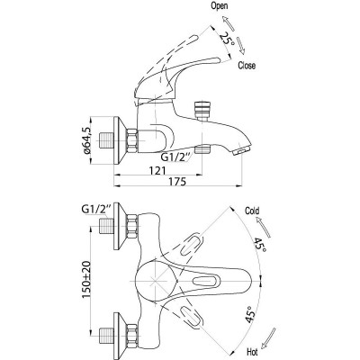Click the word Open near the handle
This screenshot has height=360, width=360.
220,5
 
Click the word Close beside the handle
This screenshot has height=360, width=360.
247,66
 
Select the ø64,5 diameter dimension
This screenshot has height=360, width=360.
86,139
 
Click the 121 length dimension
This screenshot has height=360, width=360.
157,170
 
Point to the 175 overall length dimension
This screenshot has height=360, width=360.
177,182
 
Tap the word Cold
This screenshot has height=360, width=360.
252,211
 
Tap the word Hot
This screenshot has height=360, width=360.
252,351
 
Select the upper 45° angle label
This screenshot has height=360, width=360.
260,245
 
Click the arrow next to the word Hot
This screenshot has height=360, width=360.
268,337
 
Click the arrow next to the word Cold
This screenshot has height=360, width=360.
263,227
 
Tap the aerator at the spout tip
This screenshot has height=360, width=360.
242,150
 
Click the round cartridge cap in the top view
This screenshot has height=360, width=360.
154,280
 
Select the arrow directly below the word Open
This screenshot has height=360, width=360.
229,23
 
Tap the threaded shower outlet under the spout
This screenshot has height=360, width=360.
202,149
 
